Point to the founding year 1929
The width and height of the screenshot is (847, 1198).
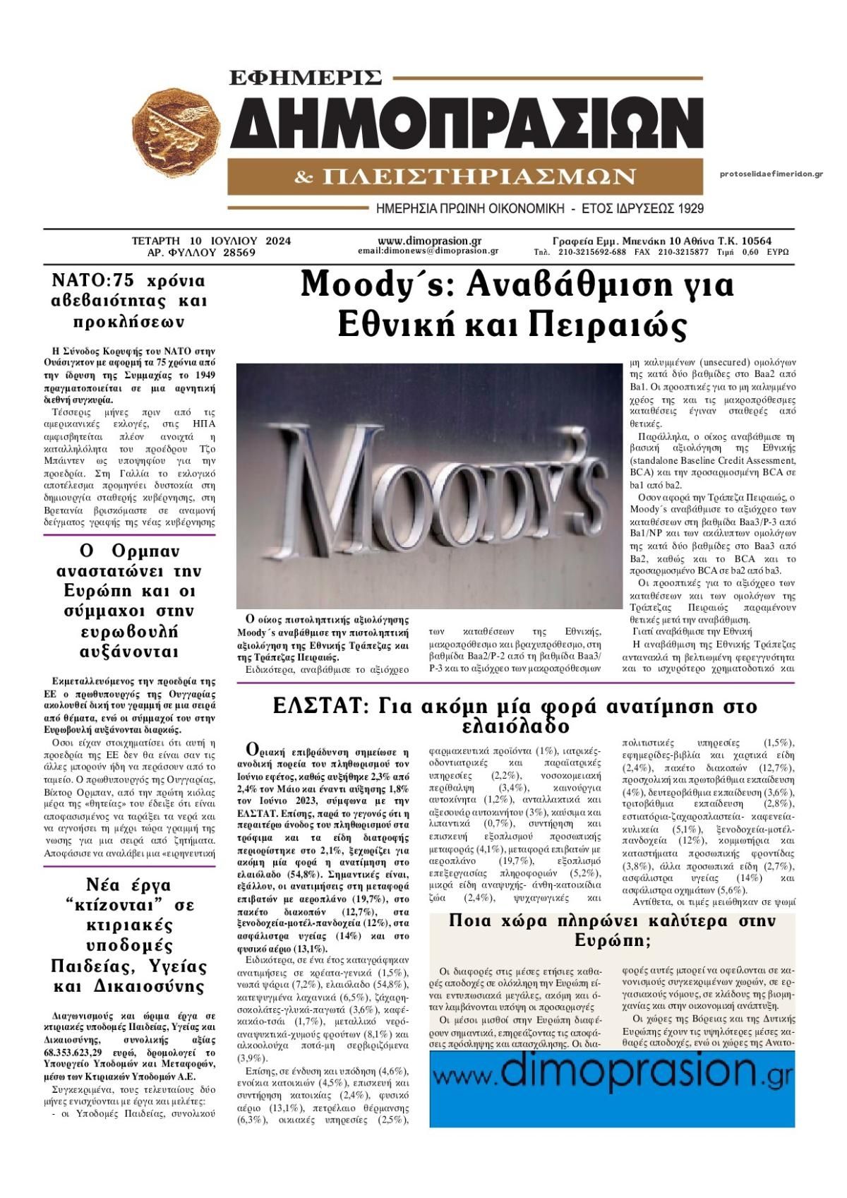(x=688, y=209)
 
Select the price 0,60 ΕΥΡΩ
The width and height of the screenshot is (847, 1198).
(x=767, y=251)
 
